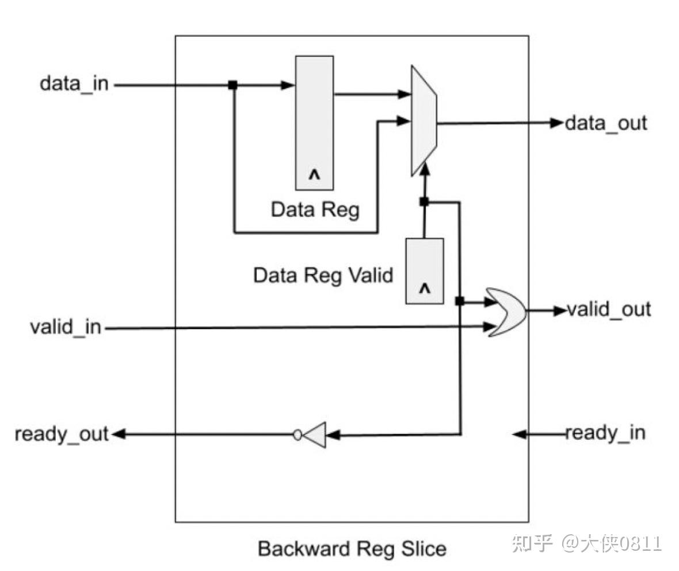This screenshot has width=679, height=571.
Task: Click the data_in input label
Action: [74, 84]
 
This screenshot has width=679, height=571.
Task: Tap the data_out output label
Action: [606, 123]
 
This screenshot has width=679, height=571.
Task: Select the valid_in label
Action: [65, 327]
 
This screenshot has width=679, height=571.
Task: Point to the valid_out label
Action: [609, 310]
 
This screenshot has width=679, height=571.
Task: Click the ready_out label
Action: [62, 434]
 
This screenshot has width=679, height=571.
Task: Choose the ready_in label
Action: [605, 432]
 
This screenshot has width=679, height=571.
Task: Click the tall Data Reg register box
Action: [314, 123]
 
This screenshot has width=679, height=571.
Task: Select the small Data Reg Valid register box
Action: [425, 271]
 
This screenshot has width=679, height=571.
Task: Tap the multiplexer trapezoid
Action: [424, 120]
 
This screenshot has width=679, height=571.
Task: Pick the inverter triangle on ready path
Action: [315, 435]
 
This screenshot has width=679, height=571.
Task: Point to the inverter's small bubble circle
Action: [297, 435]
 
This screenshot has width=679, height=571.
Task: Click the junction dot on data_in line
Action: [232, 85]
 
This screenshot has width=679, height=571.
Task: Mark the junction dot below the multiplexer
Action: [424, 201]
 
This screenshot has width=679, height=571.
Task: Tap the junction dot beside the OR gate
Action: [459, 300]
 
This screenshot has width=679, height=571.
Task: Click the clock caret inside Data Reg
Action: [314, 175]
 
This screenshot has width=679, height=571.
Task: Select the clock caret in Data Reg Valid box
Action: [425, 290]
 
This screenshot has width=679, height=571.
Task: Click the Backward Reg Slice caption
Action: [352, 548]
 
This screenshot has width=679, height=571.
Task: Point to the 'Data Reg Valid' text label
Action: [323, 275]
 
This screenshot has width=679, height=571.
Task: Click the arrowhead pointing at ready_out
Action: [117, 434]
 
